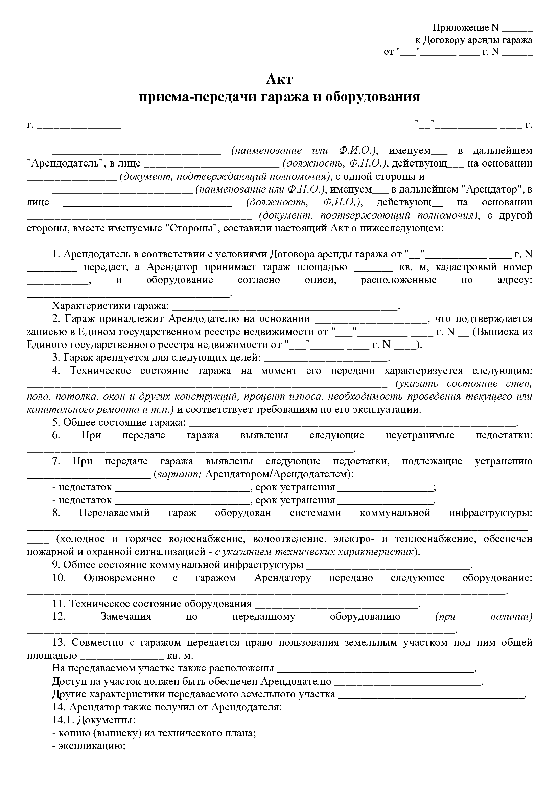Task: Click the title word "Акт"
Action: tap(279, 79)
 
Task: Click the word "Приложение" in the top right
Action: tap(461, 27)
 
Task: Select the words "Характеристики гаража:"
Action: tap(111, 306)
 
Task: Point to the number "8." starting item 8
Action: tap(56, 513)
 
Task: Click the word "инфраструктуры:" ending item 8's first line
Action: tap(490, 513)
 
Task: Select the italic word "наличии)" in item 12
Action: tap(511, 617)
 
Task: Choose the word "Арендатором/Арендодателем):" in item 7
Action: tap(279, 474)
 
